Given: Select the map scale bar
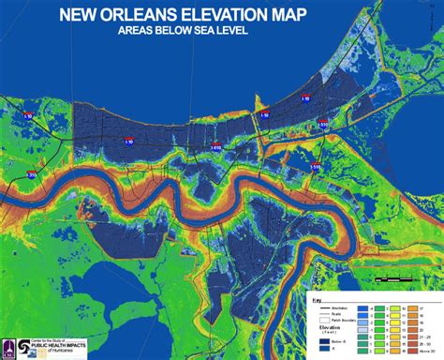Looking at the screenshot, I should pos(393,279).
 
